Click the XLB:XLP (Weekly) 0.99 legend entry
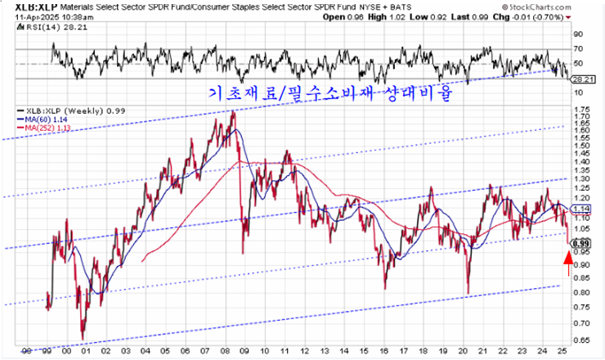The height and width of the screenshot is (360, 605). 62,110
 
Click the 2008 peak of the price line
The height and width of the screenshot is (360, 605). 234,112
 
